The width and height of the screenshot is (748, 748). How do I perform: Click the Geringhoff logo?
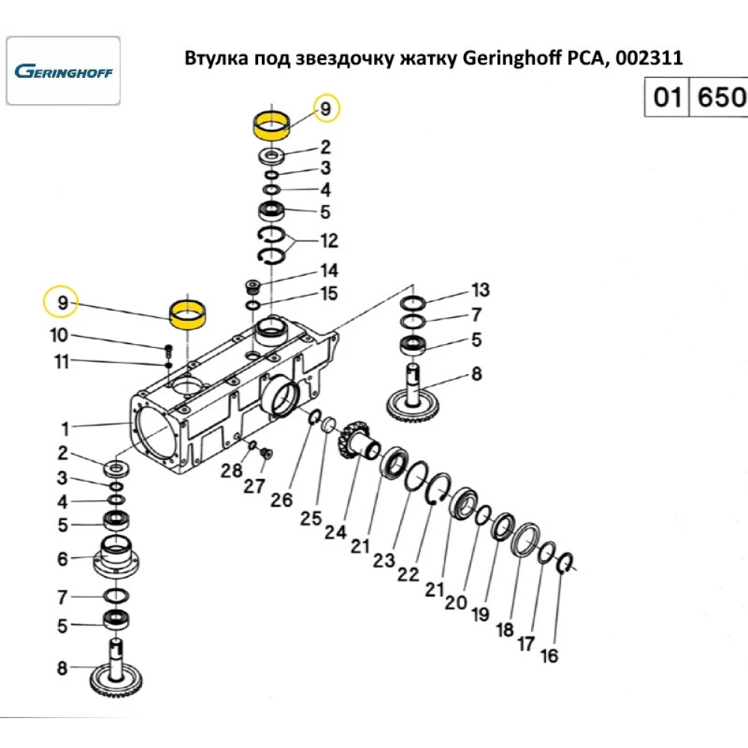pos(63,72)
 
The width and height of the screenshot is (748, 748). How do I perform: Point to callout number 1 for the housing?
pos(66,429)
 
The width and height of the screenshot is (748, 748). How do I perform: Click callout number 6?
pos(63,559)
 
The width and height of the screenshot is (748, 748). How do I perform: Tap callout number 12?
pos(328,241)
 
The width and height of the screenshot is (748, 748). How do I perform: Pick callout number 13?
pos(479,289)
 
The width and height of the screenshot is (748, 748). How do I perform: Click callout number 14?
pos(328,270)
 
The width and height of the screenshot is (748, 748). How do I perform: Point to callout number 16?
pos(549,656)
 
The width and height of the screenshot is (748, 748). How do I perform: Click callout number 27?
pos(254,486)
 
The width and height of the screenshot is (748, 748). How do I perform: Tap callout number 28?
pos(231,471)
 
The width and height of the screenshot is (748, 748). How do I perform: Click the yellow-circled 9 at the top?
pos(325,109)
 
